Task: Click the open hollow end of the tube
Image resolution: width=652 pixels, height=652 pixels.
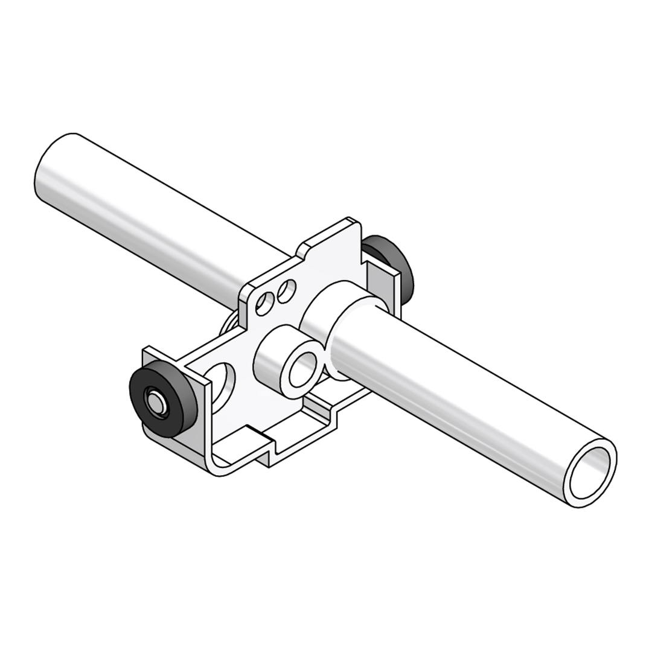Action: [x=590, y=471]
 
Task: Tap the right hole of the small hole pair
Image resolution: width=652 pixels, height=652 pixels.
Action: [x=286, y=291]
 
